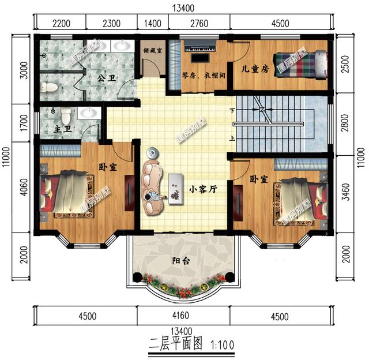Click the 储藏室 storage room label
[x=153, y=50]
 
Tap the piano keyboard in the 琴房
[x=201, y=46]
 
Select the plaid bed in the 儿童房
[x=300, y=64]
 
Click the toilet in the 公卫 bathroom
[x=48, y=87]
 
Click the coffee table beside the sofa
[x=175, y=189]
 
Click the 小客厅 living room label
[x=203, y=189]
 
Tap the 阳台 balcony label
[x=180, y=261]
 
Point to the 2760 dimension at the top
[x=199, y=24]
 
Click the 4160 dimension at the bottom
[x=180, y=316]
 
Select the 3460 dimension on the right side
[x=345, y=192]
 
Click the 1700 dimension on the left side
[x=24, y=123]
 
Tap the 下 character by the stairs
[x=232, y=110]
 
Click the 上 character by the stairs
[x=232, y=138]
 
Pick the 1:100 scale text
[x=223, y=345]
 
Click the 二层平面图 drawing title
[x=176, y=343]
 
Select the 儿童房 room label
[x=255, y=69]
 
